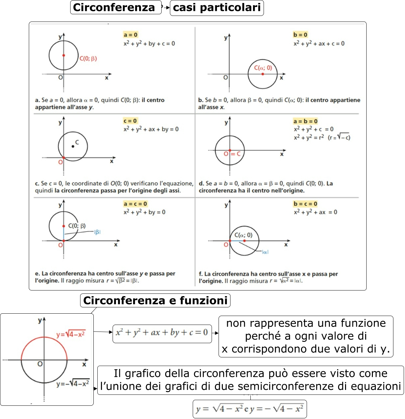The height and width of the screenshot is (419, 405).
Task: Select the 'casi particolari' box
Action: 217,8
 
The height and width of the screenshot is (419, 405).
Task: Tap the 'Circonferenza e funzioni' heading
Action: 155,300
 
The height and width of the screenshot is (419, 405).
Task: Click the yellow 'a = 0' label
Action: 130,35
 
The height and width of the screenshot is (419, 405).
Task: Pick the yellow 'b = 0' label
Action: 300,35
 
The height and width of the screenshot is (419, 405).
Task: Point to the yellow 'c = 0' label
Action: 130,121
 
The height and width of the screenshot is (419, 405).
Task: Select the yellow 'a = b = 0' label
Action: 305,121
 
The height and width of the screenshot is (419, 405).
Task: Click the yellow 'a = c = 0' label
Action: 135,204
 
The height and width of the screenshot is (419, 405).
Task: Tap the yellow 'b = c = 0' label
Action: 305,204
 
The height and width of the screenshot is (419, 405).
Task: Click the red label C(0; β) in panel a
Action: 88,59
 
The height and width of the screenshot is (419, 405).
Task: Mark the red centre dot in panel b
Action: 263,74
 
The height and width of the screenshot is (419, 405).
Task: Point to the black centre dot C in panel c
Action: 73,146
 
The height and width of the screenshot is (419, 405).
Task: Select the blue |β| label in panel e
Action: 97,232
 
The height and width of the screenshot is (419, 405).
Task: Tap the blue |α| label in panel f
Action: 265,252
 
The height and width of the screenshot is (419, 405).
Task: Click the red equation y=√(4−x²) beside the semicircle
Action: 71,334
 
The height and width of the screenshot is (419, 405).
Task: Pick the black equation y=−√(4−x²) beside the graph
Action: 73,384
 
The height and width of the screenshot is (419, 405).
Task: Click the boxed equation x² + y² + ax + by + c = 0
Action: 162,333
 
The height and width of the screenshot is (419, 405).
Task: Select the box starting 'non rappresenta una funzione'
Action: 306,336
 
